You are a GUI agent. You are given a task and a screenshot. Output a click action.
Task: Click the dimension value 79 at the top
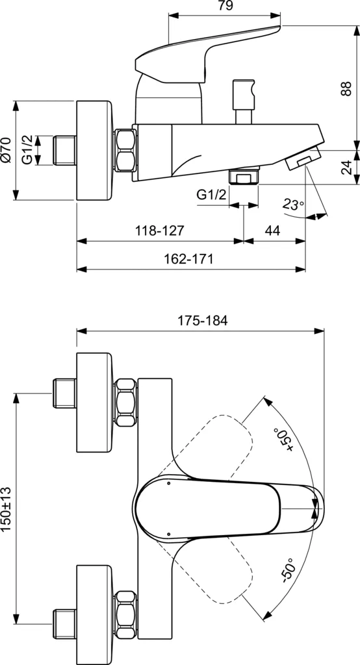(x=225, y=6)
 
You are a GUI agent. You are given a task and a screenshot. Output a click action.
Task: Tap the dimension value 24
(x=346, y=168)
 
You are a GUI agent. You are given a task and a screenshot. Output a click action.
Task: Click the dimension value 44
(x=273, y=231)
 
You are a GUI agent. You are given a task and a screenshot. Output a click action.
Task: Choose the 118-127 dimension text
(x=160, y=231)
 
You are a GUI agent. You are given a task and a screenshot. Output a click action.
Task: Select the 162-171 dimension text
(x=188, y=258)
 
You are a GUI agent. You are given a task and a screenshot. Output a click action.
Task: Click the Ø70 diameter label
(x=6, y=150)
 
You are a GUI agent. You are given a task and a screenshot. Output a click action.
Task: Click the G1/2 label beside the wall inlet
(x=28, y=150)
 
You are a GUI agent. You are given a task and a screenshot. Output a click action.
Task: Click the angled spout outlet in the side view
(x=302, y=159)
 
